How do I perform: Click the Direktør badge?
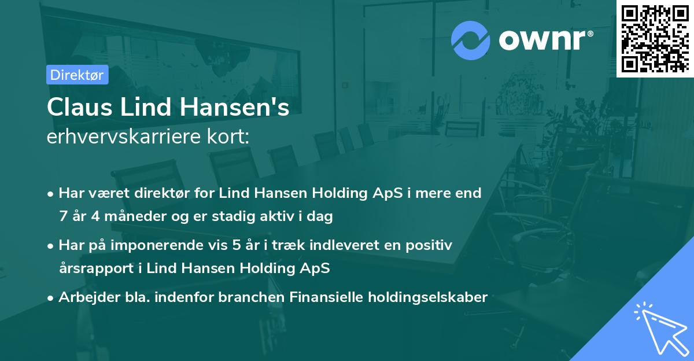(77, 75)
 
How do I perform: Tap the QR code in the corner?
(655, 38)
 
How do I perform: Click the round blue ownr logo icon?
(471, 40)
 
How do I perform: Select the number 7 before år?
(62, 216)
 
